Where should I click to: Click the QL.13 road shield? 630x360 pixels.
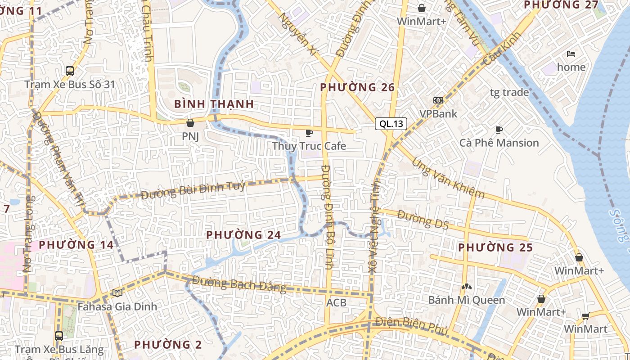coord(391,124)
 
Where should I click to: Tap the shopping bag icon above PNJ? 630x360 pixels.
coord(190,122)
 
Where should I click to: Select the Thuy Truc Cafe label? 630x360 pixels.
coord(309,146)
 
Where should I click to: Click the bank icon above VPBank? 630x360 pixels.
coord(438,100)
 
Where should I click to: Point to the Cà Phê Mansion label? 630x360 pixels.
coord(499,143)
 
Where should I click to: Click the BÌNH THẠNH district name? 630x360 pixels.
coord(214,104)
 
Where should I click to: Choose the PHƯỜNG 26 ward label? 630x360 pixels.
coord(357,87)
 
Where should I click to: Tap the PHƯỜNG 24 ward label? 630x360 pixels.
coord(243,234)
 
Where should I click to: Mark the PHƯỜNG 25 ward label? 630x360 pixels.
coord(495,247)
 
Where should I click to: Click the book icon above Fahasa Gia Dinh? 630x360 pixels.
coord(117,293)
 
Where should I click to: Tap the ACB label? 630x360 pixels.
coord(337,302)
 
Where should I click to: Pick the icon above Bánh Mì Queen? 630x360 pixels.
coord(466,286)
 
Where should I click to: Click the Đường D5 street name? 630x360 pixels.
coord(423,220)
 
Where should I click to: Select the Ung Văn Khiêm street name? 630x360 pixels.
coord(448,179)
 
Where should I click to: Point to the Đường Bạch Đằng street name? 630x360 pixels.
coord(239,283)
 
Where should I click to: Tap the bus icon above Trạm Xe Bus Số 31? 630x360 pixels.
coord(70,71)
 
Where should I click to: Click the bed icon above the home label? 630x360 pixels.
coord(571,54)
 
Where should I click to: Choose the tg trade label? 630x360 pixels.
coord(509,92)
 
